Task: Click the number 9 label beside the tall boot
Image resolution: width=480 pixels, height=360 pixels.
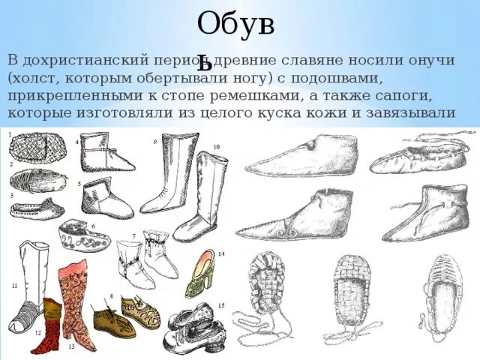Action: [x=154, y=141]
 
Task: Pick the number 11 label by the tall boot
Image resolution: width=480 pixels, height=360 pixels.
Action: [x=14, y=286]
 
